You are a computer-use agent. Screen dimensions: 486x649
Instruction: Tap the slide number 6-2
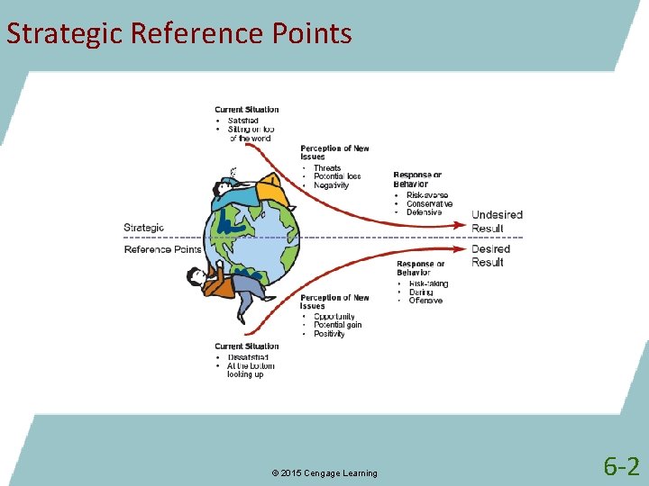(621, 466)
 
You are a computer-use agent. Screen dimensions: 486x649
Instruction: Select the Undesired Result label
(497, 221)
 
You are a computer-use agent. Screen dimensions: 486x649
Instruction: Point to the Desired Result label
(490, 256)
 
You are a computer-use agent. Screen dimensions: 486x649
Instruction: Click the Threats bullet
(327, 168)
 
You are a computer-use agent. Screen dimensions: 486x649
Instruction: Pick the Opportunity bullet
(334, 317)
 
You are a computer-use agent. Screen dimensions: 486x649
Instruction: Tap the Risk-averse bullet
(427, 195)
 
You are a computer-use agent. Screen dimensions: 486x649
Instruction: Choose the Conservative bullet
(429, 204)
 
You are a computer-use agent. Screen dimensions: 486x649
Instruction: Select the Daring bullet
(421, 292)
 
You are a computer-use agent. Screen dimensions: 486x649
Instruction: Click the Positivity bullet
(329, 334)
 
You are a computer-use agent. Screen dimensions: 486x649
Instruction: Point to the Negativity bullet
(331, 185)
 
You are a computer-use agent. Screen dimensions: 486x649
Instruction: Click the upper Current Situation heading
(247, 110)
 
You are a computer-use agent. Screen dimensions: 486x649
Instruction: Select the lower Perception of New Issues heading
(334, 301)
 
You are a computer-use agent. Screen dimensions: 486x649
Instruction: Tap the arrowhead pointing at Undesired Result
(462, 225)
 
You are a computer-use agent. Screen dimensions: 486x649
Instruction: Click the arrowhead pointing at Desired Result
(462, 247)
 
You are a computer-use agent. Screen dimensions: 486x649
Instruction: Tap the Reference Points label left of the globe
(162, 249)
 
